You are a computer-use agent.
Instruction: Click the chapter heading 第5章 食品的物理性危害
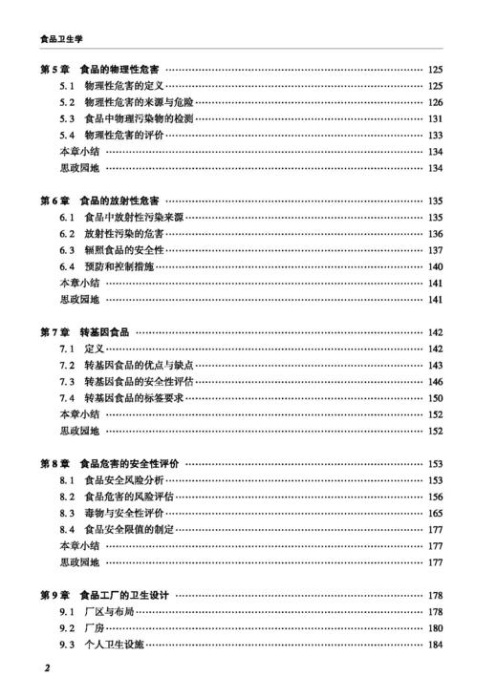click(99, 70)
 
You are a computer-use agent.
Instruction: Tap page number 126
click(436, 102)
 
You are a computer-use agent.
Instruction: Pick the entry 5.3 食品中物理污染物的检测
click(132, 118)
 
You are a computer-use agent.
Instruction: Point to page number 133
click(436, 136)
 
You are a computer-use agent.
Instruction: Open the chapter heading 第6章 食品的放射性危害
click(99, 201)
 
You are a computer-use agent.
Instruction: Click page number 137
click(436, 250)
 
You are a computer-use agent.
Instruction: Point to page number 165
click(436, 513)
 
